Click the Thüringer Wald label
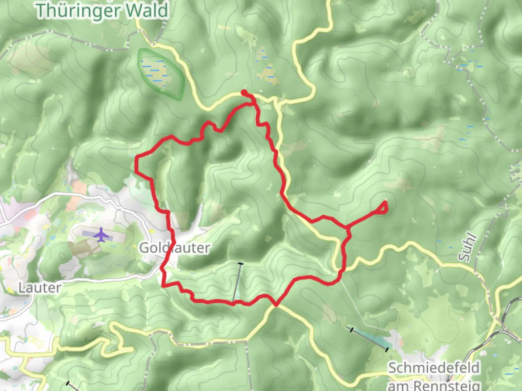[102, 10]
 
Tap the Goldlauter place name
[174, 248]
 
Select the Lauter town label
[40, 288]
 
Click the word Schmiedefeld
[434, 368]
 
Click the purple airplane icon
[101, 235]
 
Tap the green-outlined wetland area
[161, 73]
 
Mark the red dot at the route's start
[244, 92]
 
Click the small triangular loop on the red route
[383, 208]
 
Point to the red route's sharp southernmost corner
[276, 305]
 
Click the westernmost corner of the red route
[136, 157]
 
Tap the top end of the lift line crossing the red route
[241, 264]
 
